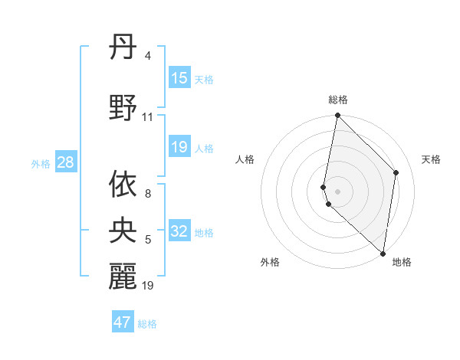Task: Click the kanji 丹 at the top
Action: (x=123, y=50)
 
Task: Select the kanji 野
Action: (x=123, y=110)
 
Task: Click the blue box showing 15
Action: (x=179, y=78)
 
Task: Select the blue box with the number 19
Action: (x=179, y=147)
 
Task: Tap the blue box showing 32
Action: (x=179, y=231)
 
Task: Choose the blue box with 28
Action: (x=65, y=162)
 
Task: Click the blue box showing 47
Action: (x=123, y=322)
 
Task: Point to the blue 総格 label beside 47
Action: (x=148, y=324)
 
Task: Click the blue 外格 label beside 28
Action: (x=41, y=163)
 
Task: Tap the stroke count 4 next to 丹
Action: (x=147, y=56)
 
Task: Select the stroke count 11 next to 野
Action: (x=147, y=117)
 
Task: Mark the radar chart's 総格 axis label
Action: (x=338, y=100)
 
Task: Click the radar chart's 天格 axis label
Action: (x=432, y=159)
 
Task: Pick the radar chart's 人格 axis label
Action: (x=245, y=159)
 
